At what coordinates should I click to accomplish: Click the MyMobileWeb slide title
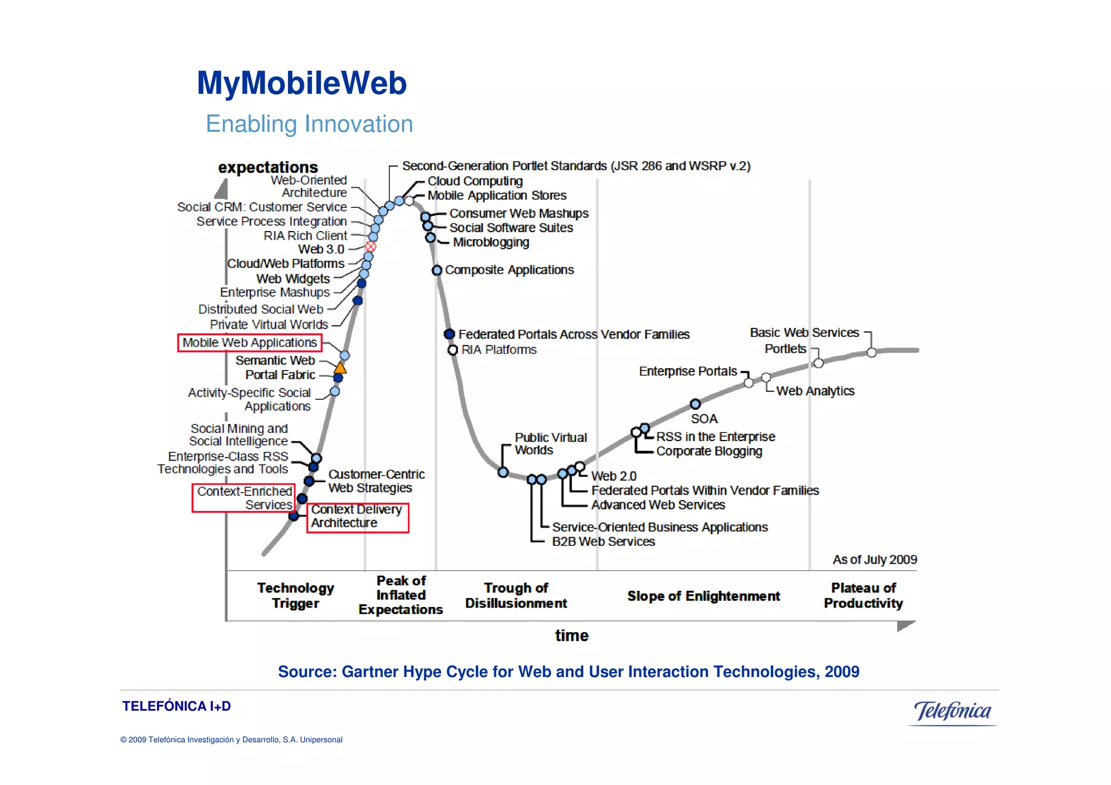(302, 83)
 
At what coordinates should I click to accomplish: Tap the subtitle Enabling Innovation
(309, 124)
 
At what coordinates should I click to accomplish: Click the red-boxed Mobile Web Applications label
(250, 343)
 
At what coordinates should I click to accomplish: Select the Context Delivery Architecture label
(357, 516)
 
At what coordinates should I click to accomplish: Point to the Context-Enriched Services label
(244, 498)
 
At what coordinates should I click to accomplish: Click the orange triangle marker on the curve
(340, 368)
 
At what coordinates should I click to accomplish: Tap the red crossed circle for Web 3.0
(371, 247)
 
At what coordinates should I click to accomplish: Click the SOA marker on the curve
(695, 404)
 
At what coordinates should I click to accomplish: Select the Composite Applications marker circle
(437, 270)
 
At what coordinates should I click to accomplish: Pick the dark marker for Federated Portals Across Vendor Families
(449, 334)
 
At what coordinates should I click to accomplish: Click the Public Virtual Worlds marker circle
(503, 472)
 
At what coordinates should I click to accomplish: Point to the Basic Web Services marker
(871, 353)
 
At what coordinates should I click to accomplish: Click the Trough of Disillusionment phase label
(516, 595)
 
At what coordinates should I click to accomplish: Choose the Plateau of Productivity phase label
(863, 595)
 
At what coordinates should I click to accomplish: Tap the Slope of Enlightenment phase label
(704, 596)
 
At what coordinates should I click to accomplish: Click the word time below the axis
(572, 635)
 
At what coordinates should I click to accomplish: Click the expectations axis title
(268, 167)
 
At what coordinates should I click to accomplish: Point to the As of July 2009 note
(874, 559)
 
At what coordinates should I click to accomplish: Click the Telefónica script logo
(952, 711)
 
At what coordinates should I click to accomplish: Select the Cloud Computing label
(475, 181)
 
